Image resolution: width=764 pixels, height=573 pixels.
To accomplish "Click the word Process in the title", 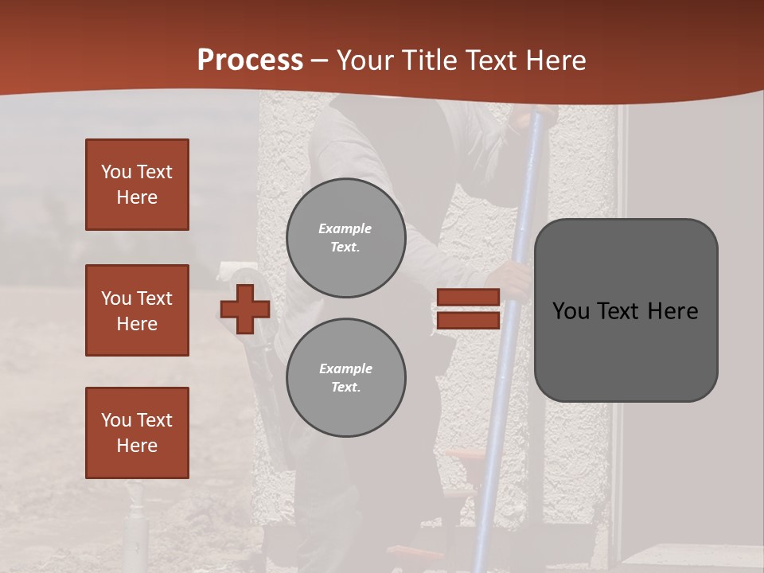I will (250, 60).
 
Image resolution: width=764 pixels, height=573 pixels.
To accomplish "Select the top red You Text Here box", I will (137, 185).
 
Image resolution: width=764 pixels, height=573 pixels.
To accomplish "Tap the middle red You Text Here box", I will (137, 310).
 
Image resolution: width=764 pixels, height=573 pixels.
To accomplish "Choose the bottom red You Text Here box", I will (137, 432).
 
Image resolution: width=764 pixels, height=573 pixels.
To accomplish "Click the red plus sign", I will (245, 309).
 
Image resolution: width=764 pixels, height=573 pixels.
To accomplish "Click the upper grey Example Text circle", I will (346, 238).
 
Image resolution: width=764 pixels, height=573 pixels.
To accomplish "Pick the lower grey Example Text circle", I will (346, 378).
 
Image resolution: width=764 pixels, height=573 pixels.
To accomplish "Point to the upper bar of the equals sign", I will (468, 298).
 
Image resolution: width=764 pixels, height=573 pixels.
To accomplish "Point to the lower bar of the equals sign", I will (468, 320).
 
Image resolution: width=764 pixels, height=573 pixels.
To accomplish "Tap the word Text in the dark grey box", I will (620, 311).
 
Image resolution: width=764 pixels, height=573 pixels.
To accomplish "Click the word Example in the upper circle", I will (345, 228).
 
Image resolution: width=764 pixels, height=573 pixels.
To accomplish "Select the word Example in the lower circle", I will (345, 368).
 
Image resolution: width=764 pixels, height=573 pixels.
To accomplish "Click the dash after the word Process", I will (320, 61).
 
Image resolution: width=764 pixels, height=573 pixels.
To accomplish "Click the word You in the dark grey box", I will (571, 311).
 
